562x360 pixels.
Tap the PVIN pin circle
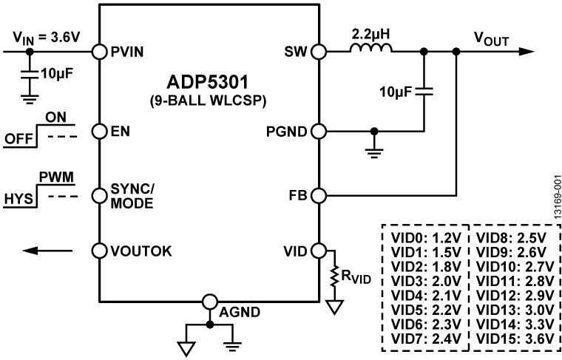[x=98, y=52]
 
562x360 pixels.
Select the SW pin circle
[x=319, y=52]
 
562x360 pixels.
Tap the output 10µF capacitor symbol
[x=423, y=93]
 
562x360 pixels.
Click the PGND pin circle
[x=319, y=132]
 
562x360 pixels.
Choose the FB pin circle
[x=319, y=196]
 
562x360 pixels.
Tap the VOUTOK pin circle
[x=98, y=250]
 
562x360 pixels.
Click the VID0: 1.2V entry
[x=425, y=239]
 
